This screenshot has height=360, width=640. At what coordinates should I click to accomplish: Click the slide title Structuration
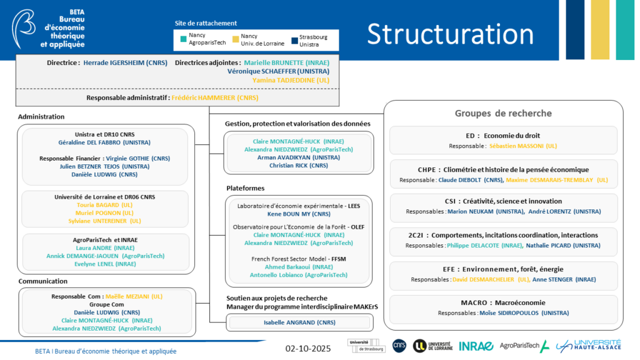point(450,34)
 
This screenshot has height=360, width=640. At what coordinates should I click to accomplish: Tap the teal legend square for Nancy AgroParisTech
point(183,39)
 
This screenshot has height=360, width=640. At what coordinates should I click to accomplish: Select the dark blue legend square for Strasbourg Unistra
point(294,39)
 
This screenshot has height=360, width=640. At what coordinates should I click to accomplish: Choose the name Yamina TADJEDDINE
point(291,80)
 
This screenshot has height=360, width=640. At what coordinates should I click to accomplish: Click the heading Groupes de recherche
point(503,113)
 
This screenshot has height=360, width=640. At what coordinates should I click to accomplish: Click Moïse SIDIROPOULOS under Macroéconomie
point(524,312)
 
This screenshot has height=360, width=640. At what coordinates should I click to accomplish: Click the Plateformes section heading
point(245,187)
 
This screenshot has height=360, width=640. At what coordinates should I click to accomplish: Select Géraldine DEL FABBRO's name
point(104,142)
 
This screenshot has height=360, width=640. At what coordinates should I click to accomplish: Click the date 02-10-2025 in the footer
point(308,348)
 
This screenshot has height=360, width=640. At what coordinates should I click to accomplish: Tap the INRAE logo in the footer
point(476,346)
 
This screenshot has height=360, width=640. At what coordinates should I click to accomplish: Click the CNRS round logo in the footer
point(399,346)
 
